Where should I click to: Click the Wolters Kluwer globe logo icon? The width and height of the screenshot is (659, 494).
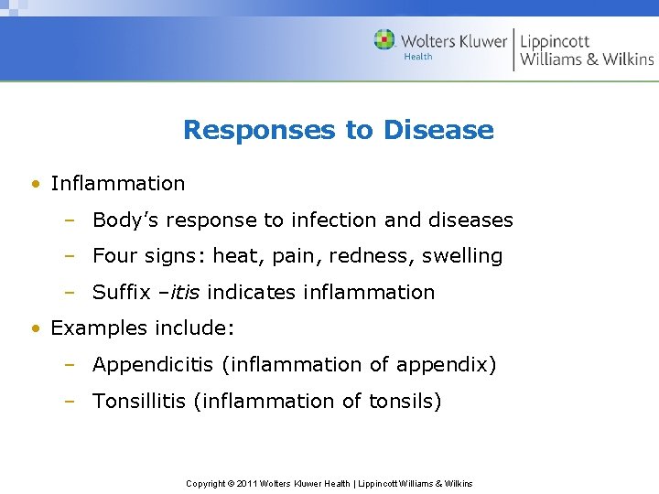(x=384, y=40)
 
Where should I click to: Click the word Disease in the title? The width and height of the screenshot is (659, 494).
(x=438, y=130)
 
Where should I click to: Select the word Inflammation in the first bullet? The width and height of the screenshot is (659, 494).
(x=118, y=183)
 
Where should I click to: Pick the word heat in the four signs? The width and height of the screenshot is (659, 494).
(x=232, y=256)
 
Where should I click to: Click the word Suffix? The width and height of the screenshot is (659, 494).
(x=122, y=293)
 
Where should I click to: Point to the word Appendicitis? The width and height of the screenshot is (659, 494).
(x=152, y=365)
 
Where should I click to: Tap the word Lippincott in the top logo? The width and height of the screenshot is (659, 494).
(x=555, y=41)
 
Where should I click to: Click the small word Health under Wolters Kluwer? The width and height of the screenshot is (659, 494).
(x=418, y=57)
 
